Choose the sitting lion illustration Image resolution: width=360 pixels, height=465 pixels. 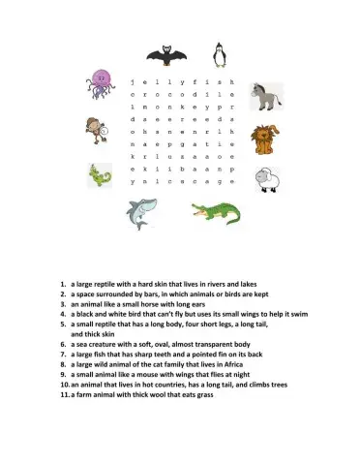264,139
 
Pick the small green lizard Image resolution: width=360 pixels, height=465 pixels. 99,175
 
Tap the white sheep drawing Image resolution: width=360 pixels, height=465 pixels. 269,178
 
